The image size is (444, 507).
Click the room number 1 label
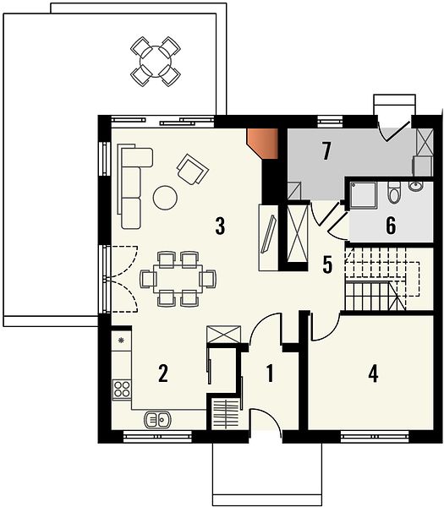coord(270,373)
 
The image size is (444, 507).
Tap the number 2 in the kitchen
coord(162,373)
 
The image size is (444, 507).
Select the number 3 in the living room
coord(220,226)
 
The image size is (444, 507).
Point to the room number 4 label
coord(373,373)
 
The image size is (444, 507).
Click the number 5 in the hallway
coord(327,264)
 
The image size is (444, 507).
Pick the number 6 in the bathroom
coord(391,225)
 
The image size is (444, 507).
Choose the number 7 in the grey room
coord(326,151)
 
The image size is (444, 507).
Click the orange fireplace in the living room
coord(262,144)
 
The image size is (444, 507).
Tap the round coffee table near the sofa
coord(165,197)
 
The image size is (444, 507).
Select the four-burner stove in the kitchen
coord(122,389)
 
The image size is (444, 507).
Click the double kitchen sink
coord(157,420)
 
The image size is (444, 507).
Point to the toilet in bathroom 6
coord(394,193)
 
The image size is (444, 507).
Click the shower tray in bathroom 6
coord(364,194)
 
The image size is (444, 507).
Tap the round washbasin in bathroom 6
coord(416,186)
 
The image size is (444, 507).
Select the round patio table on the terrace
coord(156,62)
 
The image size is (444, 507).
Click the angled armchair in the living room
coord(193,169)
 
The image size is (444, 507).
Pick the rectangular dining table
coord(178,279)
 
